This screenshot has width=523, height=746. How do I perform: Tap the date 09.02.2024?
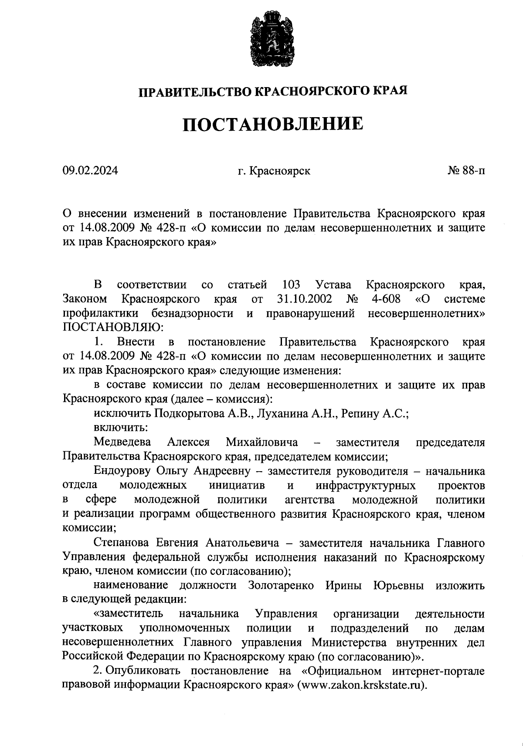pos(90,171)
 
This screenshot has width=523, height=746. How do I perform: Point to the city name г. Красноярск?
pos(274,171)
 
